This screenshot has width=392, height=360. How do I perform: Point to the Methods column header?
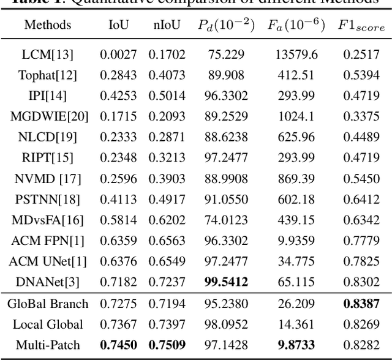(47, 25)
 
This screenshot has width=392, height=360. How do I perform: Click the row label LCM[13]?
(47, 54)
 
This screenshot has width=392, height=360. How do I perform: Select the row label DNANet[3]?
(47, 282)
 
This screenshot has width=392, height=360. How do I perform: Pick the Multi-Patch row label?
(47, 345)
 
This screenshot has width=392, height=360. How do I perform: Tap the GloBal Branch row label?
(47, 304)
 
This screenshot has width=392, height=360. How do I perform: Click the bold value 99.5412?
(222, 282)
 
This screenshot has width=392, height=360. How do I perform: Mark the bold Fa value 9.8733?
(296, 345)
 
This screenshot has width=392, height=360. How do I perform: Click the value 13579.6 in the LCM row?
(296, 54)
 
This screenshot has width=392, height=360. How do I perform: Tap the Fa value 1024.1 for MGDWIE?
(296, 116)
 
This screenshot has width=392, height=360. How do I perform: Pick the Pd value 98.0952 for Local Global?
(222, 324)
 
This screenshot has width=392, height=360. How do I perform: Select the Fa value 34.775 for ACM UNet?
(296, 261)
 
